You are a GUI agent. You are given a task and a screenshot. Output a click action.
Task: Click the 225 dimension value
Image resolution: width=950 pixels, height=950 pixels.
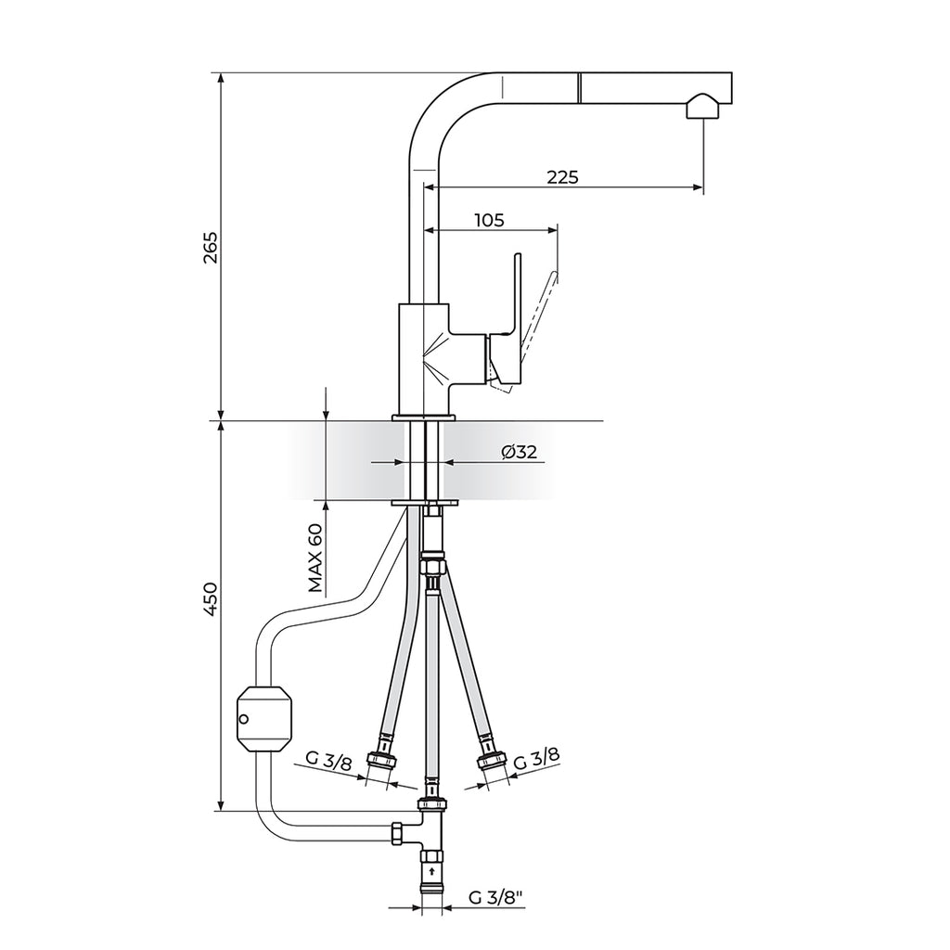point(562,177)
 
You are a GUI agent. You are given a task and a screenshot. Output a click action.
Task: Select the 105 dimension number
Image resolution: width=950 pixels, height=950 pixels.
point(489,220)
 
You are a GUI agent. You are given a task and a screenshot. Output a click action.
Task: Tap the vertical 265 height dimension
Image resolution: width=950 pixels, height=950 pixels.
point(211,248)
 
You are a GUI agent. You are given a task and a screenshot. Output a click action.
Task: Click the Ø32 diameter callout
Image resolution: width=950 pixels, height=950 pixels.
point(520,452)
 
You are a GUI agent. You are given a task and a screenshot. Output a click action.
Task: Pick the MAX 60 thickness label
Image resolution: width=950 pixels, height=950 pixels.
point(316,558)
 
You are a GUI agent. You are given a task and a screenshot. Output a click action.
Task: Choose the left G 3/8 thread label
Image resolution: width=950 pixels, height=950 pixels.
point(328,763)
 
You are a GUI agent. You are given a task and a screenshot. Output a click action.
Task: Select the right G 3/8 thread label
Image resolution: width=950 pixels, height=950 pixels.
point(537,759)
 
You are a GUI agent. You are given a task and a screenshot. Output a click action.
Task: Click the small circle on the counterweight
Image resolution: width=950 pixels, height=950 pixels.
point(244,719)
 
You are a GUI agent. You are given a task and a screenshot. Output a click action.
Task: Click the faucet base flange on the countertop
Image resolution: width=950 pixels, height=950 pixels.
point(425,419)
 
